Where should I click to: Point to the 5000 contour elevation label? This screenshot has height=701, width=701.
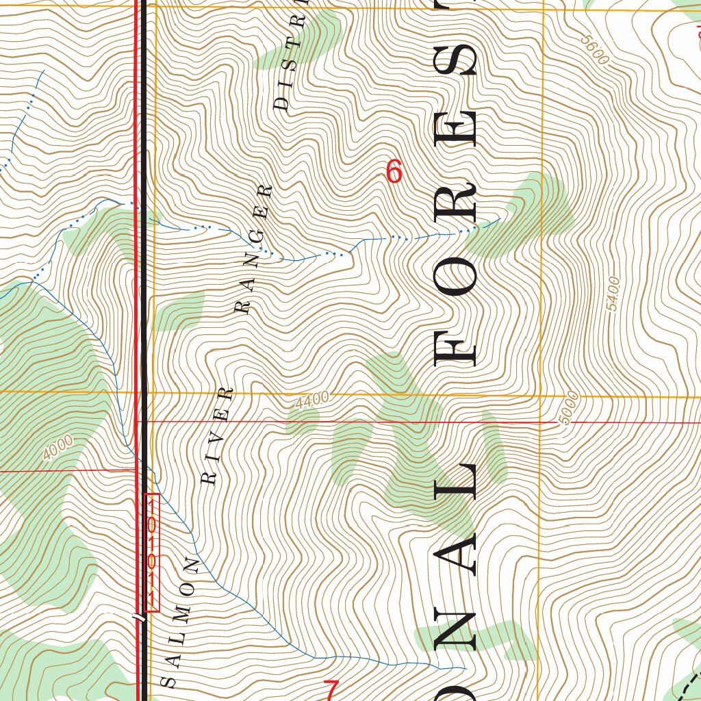tap(568, 409)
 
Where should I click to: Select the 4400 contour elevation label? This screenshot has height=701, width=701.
tap(312, 400)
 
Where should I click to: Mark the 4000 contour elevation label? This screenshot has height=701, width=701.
tap(58, 448)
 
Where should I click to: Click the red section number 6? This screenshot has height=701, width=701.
tap(394, 171)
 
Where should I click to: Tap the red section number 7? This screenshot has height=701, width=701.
tap(331, 690)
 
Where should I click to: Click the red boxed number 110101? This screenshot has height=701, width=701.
tap(152, 552)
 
